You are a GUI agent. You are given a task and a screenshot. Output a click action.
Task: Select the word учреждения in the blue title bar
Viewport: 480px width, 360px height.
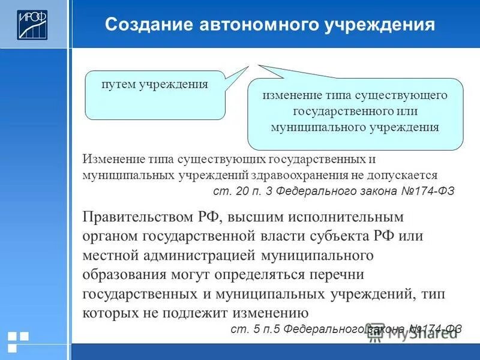coord(382,25)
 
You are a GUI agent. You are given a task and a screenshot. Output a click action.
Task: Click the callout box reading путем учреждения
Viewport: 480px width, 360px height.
coord(155,95)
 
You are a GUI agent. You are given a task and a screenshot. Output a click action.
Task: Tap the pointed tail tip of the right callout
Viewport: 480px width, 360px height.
coord(257,65)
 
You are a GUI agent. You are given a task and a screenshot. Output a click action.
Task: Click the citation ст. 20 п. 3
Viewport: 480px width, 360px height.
coord(240,191)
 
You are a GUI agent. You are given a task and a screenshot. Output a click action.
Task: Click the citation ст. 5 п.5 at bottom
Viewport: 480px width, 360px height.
coord(256,329)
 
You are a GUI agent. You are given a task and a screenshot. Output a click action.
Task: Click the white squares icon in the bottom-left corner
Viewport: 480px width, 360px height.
coord(18,341)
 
